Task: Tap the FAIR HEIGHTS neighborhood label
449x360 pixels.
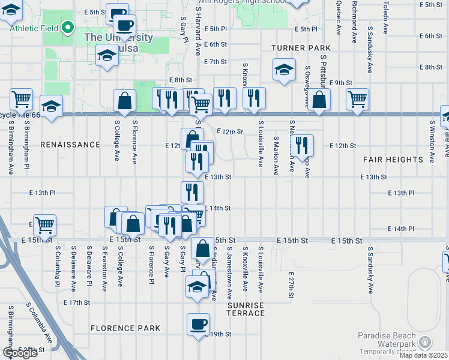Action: point(393,160)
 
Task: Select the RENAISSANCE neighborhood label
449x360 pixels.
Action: point(70,145)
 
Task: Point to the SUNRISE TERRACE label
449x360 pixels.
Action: point(246,310)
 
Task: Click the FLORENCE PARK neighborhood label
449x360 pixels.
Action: point(125,328)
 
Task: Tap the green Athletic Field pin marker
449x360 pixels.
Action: point(68,27)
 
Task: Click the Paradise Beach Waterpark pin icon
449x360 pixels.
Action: point(426,342)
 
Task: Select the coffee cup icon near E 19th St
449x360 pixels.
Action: point(198,325)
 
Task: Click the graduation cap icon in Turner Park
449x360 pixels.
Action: point(284,70)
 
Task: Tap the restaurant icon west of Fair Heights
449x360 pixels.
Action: point(301,145)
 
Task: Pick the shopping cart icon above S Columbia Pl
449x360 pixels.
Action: point(45,226)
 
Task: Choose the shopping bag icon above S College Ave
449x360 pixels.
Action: point(125,101)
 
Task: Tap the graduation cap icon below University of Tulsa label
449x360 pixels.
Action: point(107,56)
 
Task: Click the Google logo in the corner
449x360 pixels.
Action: point(19,353)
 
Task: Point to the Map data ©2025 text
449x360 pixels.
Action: point(424,355)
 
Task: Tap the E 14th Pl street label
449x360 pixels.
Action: point(402,229)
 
